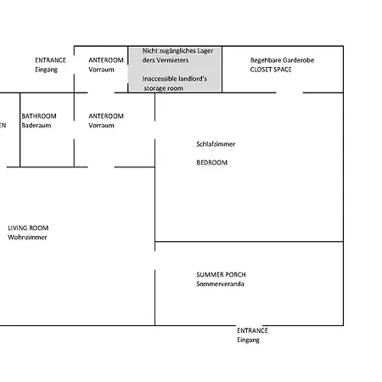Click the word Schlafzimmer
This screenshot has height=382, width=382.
(216, 144)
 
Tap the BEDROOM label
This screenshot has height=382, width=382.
(212, 162)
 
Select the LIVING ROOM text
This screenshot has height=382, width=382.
(28, 228)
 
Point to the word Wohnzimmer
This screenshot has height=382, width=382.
(27, 237)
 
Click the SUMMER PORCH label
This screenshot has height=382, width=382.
(221, 274)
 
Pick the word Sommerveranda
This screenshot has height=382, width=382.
(220, 284)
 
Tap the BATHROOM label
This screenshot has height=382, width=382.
(39, 116)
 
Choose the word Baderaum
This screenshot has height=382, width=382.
(37, 126)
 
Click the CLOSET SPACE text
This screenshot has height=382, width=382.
(271, 70)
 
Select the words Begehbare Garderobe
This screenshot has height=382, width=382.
(282, 60)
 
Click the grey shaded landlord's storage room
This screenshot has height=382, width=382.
(175, 70)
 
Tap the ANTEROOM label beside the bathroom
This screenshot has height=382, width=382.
(106, 116)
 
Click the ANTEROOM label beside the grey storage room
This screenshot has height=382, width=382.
(106, 60)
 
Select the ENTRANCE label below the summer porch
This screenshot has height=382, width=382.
(252, 330)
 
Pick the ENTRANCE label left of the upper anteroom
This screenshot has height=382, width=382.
(50, 60)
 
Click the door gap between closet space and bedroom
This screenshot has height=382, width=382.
(289, 93)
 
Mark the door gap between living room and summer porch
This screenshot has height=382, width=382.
(154, 261)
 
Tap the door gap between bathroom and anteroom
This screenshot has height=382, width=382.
(74, 130)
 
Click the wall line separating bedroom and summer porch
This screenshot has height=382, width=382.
(249, 242)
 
